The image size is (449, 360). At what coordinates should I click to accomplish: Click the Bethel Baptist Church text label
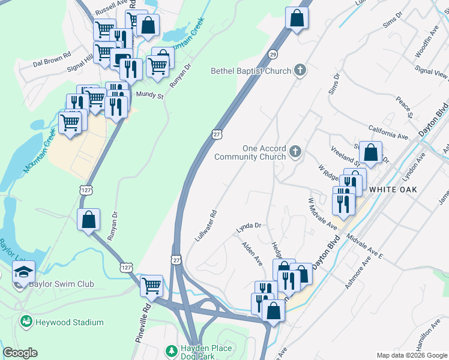click(x=250, y=71)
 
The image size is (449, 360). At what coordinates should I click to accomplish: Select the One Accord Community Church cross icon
click(x=295, y=152)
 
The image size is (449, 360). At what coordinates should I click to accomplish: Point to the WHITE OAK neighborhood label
click(x=393, y=188)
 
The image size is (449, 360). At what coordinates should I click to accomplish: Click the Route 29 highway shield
click(x=273, y=55)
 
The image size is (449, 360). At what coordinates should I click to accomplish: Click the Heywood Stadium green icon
click(x=26, y=322)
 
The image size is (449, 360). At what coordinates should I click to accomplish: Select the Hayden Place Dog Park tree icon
click(x=172, y=350)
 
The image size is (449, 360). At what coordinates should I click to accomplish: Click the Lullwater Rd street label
click(x=205, y=226)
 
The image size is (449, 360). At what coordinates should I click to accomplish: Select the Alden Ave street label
click(x=252, y=254)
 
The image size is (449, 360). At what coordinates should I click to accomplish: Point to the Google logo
click(x=20, y=353)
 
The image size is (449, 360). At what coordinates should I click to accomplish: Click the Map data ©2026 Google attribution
click(x=411, y=355)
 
